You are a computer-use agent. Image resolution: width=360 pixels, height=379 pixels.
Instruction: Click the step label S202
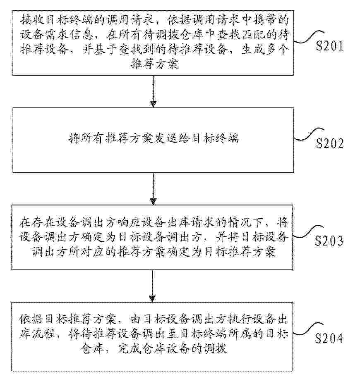(329, 143)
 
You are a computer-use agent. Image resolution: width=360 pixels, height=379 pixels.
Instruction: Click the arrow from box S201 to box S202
(154, 91)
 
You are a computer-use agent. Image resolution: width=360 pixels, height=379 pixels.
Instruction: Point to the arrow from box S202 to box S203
(154, 188)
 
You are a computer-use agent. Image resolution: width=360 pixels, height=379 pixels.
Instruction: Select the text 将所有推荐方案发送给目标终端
(153, 139)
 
